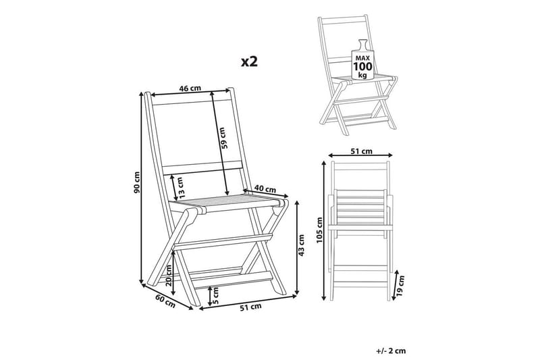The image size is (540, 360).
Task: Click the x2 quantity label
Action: click(x=249, y=61)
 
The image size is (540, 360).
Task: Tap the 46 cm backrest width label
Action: click(x=190, y=88)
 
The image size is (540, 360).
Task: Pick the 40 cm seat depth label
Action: click(x=265, y=189)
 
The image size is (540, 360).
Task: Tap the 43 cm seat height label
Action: click(x=301, y=245)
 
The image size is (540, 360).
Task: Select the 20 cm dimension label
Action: click(x=168, y=276)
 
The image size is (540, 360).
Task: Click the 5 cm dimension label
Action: click(x=215, y=295)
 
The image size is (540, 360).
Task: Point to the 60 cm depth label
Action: click(x=165, y=301)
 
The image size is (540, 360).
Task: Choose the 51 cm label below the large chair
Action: click(x=250, y=307)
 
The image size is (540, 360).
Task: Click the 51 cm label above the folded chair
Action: click(x=361, y=151)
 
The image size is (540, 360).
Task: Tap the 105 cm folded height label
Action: click(x=319, y=230)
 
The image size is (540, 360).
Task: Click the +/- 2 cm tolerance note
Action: click(x=391, y=351)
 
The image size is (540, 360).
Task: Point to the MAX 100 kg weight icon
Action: click(x=362, y=60)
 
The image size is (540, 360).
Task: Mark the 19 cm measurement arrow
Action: click(x=395, y=285)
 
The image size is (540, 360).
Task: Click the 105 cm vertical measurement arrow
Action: click(x=324, y=230)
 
